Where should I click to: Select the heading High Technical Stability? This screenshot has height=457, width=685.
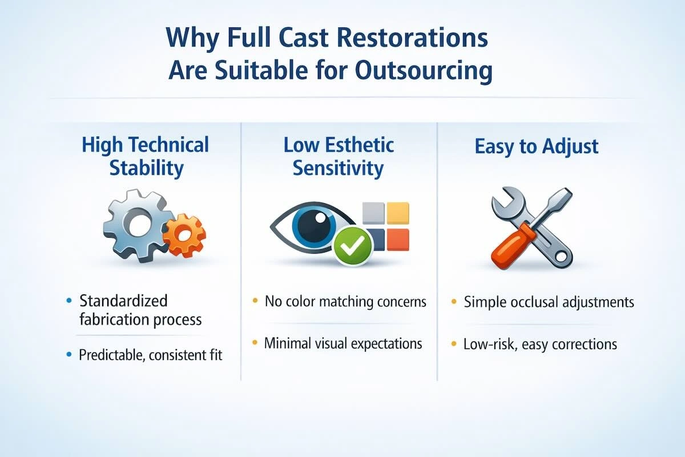click(x=146, y=156)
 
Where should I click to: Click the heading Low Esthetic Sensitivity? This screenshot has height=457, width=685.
click(x=339, y=156)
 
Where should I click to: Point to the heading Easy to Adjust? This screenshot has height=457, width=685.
click(x=536, y=146)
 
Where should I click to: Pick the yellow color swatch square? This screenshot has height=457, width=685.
click(x=398, y=213)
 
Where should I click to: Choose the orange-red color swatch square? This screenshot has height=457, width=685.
click(x=398, y=239)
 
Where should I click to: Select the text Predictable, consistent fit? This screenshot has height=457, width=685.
click(x=150, y=355)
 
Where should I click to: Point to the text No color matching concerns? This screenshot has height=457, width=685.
click(x=345, y=302)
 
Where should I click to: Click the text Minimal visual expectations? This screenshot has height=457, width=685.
click(x=342, y=343)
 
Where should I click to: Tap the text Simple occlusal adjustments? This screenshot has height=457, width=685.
click(x=549, y=302)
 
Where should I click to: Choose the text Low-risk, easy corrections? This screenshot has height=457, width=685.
click(x=540, y=344)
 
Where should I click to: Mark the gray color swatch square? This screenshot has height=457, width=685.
click(x=373, y=213)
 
